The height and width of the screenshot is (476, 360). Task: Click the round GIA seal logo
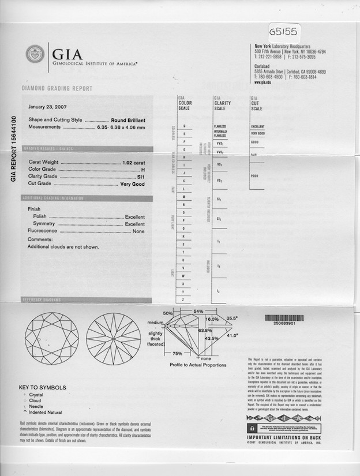pos(34,55)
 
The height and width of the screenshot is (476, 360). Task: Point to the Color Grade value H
pos(142,170)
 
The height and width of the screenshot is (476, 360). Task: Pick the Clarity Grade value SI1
pos(141,177)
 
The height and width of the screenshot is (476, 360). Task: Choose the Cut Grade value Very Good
pos(132,184)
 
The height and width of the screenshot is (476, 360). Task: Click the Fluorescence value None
pos(138,231)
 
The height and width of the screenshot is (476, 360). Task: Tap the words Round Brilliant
pos(128,119)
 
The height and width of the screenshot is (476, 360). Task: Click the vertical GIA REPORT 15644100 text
pos(13,149)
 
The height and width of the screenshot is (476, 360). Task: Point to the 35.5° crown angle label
pos(232,318)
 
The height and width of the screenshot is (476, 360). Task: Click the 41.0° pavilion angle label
pos(232,335)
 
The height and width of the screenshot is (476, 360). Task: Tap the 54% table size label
pos(198,312)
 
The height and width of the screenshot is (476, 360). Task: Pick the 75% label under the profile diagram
pos(178,353)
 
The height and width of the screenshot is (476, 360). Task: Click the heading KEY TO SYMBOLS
pos(42,388)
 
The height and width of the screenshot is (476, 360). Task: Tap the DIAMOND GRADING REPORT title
pos(57,89)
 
